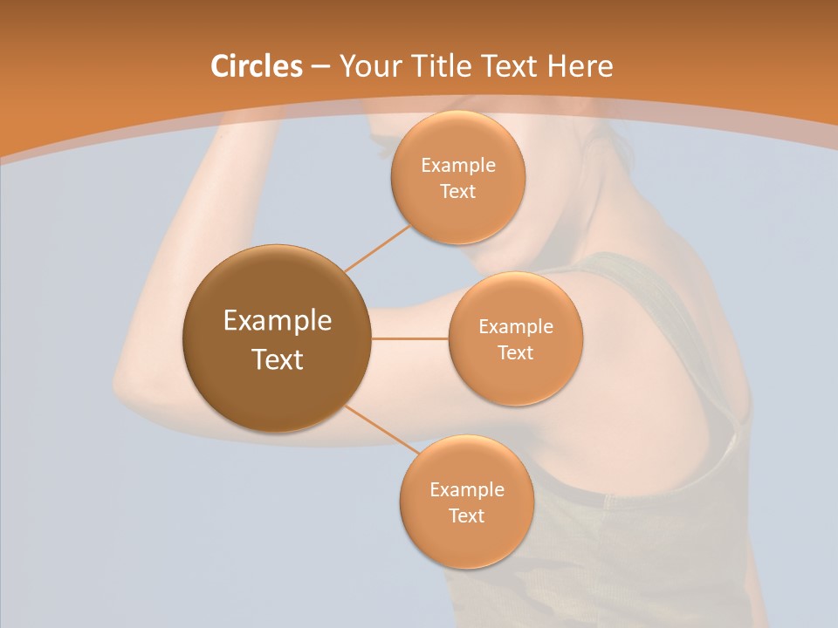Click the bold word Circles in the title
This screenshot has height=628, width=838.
pos(256,66)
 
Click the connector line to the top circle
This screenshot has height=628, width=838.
pos(377,248)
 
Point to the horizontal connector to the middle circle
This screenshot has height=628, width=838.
pos(409,338)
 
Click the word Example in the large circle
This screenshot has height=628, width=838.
pos(277,321)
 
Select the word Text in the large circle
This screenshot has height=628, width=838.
pos(277,359)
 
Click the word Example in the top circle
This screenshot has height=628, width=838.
pos(457,166)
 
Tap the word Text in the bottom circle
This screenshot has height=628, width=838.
pos(466,515)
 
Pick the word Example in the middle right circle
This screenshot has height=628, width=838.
pos(515,327)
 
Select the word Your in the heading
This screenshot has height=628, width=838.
pos(365,66)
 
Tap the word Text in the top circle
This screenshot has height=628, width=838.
pos(457,192)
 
